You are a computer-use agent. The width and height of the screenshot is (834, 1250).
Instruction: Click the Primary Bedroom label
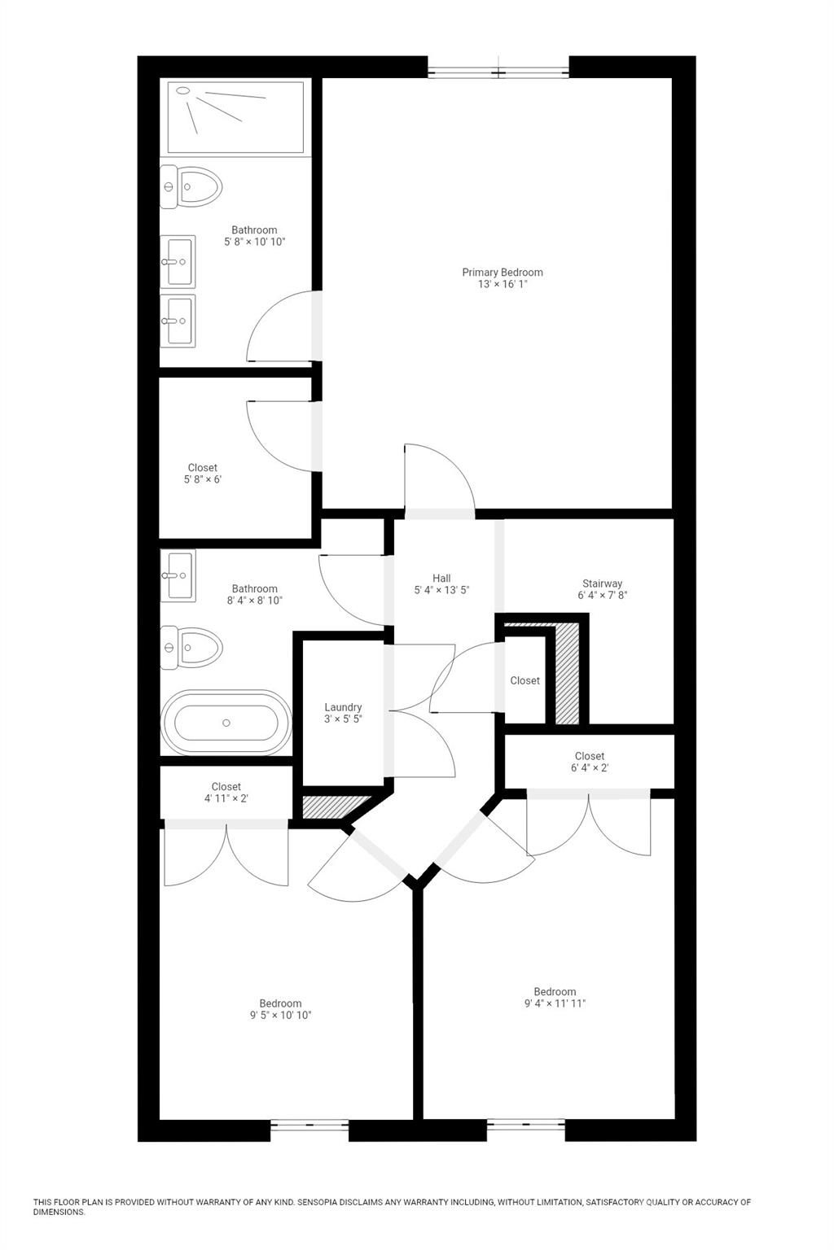click(x=502, y=272)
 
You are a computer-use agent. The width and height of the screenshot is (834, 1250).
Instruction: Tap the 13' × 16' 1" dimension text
click(x=502, y=284)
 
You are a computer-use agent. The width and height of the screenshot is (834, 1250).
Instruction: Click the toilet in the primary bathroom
click(x=192, y=186)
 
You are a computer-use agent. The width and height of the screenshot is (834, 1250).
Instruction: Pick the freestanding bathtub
click(x=226, y=723)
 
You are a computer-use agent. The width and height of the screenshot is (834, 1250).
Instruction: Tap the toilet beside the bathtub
click(x=192, y=648)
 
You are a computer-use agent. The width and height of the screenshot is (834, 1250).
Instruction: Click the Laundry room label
click(x=343, y=707)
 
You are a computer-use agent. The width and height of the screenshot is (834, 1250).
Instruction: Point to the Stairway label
click(x=602, y=583)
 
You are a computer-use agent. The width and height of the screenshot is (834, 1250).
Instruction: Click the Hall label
click(x=441, y=578)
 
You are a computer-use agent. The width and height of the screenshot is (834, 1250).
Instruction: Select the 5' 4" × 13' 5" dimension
click(x=441, y=591)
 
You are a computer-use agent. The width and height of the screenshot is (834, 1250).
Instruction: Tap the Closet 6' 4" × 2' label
click(x=590, y=762)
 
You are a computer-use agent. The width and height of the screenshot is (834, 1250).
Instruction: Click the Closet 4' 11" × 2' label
click(x=226, y=793)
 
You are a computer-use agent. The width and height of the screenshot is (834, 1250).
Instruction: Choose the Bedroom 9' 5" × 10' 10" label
click(x=280, y=1009)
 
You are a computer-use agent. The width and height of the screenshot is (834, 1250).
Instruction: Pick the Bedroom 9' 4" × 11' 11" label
click(x=555, y=997)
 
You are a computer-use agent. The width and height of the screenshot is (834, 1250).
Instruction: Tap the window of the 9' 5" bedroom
click(x=309, y=1126)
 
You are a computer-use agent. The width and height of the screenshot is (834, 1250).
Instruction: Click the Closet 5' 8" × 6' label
click(x=203, y=473)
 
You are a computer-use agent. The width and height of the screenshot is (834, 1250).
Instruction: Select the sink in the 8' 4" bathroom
click(x=178, y=575)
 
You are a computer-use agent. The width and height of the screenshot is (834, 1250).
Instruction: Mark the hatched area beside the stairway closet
click(x=567, y=674)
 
